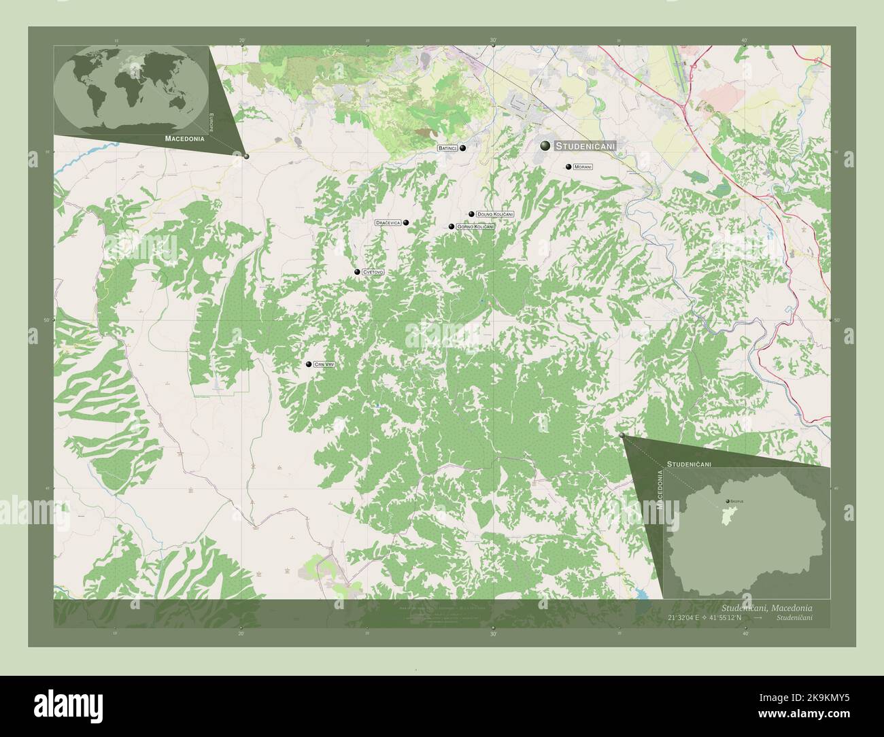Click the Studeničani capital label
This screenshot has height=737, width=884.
(585, 146)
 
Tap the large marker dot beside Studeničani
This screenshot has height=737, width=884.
(545, 145)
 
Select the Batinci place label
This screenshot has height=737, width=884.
(447, 148)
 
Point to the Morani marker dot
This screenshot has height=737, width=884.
(568, 167)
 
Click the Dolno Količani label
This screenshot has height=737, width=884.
(495, 214)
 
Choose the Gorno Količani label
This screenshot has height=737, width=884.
(475, 226)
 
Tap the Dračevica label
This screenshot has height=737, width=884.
(388, 222)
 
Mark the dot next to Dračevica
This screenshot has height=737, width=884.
(406, 222)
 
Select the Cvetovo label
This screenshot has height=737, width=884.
(373, 272)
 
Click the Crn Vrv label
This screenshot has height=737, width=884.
(325, 365)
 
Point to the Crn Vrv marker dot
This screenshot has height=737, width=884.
(309, 365)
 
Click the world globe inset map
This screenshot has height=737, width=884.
(131, 88)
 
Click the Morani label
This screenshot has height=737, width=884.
(583, 167)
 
